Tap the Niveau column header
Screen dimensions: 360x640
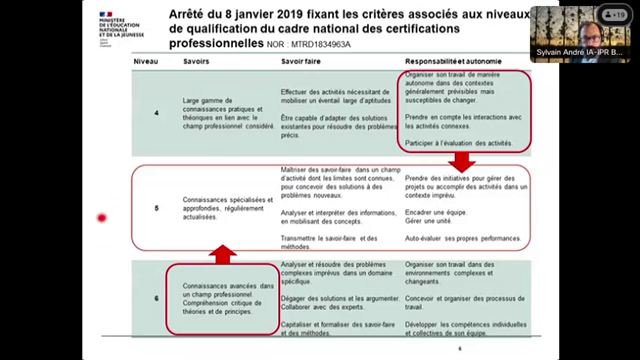(147, 61)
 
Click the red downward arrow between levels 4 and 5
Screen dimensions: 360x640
(461, 163)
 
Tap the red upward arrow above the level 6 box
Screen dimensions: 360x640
(222, 252)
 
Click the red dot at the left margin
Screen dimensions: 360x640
(101, 218)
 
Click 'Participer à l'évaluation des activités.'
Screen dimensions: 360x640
(461, 143)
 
